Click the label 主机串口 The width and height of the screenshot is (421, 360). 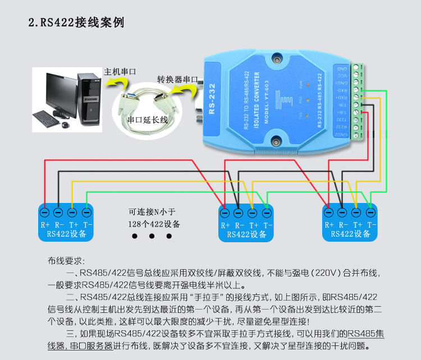point(120,72)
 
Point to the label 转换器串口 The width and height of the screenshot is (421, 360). point(177,79)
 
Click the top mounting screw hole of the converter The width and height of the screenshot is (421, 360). point(276,58)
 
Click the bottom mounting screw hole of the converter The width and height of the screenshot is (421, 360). point(276,141)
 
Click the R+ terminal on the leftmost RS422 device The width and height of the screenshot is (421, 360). point(45,213)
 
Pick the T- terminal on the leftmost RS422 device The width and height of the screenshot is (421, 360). point(86,213)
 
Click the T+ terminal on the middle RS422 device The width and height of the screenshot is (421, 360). point(252,213)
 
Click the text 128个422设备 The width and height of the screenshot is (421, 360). point(154,224)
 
